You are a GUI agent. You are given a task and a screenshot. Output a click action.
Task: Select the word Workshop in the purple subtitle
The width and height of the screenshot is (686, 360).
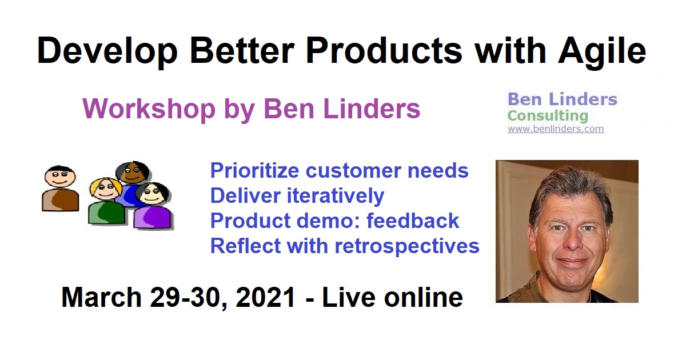(x=149, y=109)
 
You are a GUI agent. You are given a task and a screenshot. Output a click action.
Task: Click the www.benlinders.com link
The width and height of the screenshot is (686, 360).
(x=556, y=129)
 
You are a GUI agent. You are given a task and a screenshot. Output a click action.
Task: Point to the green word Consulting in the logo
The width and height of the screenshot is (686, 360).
(x=548, y=116)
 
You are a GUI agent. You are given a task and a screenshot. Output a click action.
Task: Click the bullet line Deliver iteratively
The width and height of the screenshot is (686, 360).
(x=297, y=195)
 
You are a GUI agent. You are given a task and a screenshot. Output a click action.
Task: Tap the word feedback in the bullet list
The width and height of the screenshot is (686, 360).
(x=413, y=221)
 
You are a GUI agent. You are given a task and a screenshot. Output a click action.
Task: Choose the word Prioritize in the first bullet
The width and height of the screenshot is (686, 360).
(x=254, y=170)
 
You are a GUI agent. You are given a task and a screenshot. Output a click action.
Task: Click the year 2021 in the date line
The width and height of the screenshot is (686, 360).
(x=266, y=297)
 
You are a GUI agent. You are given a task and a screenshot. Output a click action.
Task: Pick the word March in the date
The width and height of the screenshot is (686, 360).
(x=101, y=297)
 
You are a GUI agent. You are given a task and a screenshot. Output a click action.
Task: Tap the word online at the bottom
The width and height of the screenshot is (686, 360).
(x=423, y=297)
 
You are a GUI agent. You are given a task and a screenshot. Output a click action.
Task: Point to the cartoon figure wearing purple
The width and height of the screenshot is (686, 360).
(x=152, y=206)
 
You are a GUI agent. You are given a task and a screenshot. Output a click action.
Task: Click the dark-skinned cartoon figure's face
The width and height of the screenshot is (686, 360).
(x=132, y=173)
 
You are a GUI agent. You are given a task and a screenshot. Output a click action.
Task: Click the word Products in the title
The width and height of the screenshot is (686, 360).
(x=384, y=50)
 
